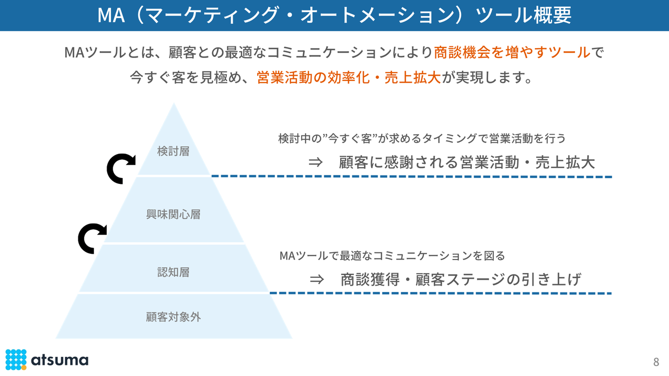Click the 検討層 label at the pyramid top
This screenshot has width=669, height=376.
click(x=173, y=151)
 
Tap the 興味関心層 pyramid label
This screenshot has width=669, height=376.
click(x=173, y=214)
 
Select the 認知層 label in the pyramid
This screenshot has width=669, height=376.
click(x=173, y=272)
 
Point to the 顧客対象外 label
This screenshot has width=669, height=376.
click(x=173, y=317)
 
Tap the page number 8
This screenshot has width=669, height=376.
click(x=656, y=362)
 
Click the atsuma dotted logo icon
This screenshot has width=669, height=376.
click(x=16, y=359)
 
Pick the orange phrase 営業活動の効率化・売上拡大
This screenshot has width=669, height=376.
click(x=349, y=78)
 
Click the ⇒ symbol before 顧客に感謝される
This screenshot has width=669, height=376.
click(x=316, y=162)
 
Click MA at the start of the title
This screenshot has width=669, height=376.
click(x=110, y=15)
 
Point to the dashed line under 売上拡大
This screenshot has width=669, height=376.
click(x=411, y=177)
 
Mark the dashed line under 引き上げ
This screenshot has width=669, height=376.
click(x=440, y=293)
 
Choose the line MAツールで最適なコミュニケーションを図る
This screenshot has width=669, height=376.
click(x=392, y=256)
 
